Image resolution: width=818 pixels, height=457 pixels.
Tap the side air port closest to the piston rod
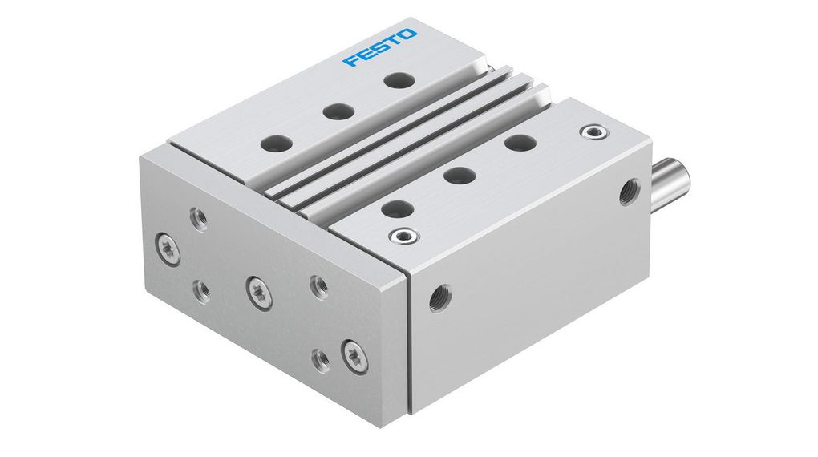[627, 192]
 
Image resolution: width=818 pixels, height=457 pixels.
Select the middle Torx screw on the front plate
[259, 291]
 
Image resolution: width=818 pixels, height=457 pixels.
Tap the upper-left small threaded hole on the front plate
[198, 217]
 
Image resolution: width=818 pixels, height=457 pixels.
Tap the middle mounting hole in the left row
[337, 111]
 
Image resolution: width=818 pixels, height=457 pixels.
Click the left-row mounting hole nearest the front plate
[275, 145]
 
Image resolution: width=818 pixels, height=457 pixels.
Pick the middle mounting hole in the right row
[458, 174]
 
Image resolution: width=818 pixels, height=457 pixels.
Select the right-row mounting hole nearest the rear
[520, 143]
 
